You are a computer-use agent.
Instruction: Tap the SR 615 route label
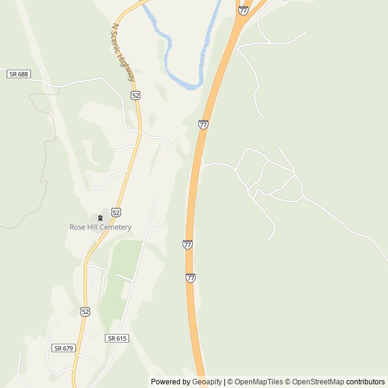117,338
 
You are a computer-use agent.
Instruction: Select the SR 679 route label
64,348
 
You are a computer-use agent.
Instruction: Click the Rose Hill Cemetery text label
100,227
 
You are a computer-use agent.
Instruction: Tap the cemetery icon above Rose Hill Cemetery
100,218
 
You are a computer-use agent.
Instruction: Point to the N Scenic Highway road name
124,53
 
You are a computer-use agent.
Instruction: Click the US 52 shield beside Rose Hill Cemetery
116,212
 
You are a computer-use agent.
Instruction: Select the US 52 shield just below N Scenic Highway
136,96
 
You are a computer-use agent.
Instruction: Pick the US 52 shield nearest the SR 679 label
85,312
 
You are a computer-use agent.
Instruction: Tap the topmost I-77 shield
243,10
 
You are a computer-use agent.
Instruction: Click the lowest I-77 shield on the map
190,278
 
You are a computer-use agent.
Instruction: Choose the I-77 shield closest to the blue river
203,124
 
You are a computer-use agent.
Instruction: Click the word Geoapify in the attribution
207,382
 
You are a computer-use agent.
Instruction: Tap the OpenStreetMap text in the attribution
318,382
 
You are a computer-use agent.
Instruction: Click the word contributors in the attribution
366,382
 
